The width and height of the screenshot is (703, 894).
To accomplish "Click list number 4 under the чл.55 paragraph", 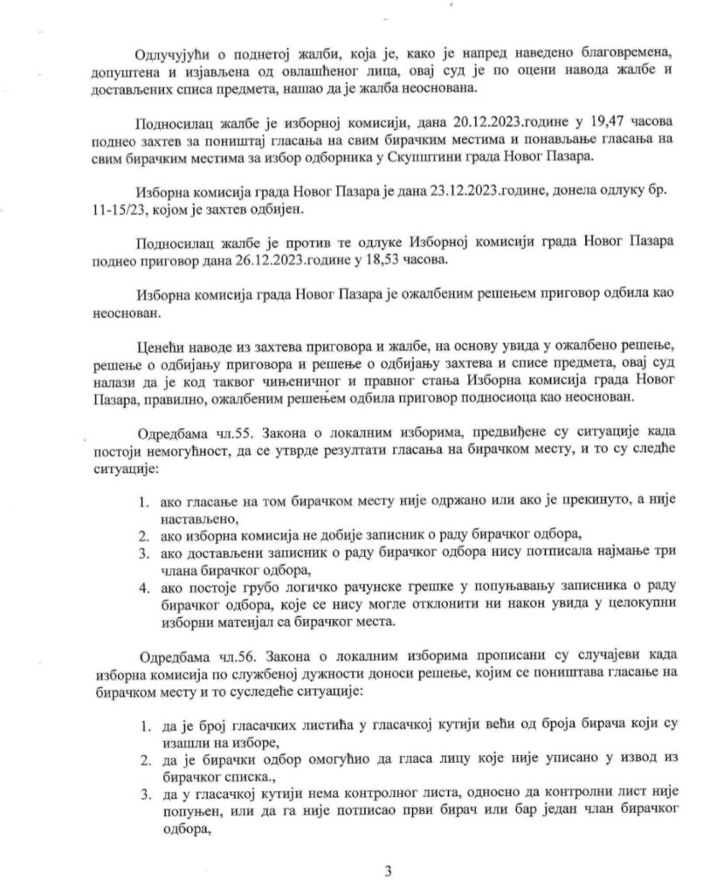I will coord(144,587).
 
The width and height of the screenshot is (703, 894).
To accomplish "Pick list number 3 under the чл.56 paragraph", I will coord(144,799).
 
